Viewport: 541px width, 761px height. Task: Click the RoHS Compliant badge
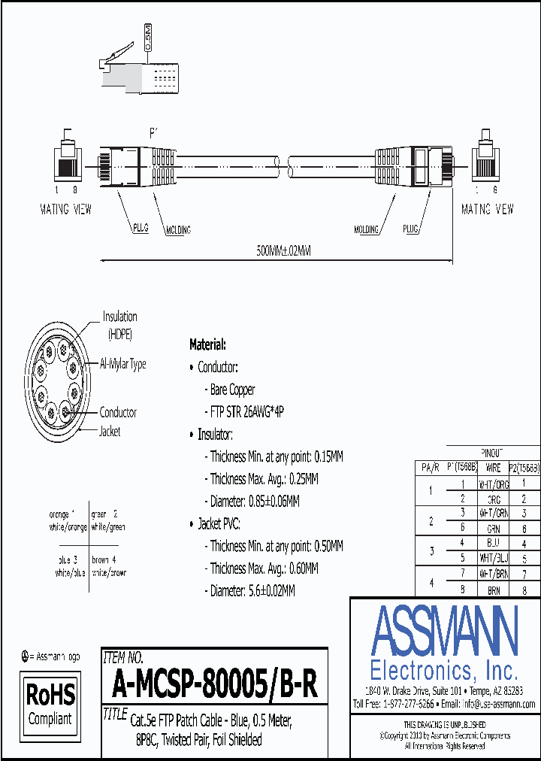coord(50,702)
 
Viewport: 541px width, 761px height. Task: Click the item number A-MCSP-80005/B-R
coord(214,685)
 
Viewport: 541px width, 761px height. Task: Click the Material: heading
coord(207,344)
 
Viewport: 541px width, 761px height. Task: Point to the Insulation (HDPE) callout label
coord(120,324)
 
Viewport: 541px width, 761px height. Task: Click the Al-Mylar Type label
coord(123,364)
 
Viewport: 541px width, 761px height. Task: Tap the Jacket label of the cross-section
coord(110,432)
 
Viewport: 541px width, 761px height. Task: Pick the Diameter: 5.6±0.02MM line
coord(252,591)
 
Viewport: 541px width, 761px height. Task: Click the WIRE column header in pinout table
coord(493,468)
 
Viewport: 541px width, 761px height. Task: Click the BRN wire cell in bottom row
coord(493,591)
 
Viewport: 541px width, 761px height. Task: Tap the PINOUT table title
coord(493,453)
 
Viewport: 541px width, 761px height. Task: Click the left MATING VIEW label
coord(65,210)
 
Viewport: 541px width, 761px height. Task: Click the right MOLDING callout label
coord(366,229)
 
